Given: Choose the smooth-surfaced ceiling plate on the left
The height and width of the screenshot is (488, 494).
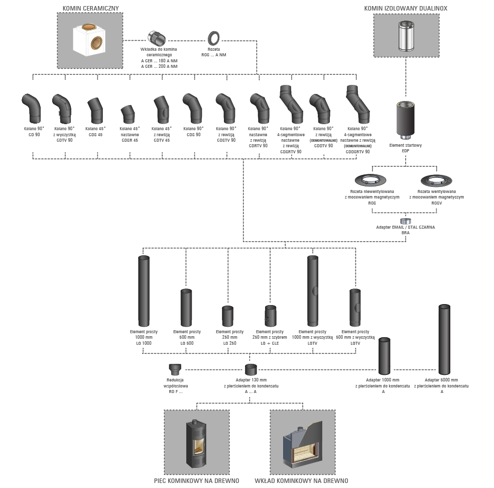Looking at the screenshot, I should click(x=371, y=180).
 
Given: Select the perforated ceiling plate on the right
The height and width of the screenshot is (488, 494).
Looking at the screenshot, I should click(x=435, y=180).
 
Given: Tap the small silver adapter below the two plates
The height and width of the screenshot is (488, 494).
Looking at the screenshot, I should click(x=406, y=221).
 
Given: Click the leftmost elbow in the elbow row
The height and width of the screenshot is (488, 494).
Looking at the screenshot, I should click(x=32, y=108).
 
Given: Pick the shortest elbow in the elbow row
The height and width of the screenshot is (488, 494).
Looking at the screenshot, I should click(x=129, y=116).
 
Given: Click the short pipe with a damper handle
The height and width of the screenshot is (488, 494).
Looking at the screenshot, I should click(x=270, y=316).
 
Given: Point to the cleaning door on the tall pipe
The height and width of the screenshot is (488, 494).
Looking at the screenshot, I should click(x=314, y=290).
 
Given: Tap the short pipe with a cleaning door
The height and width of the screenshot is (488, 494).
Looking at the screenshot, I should click(x=355, y=307).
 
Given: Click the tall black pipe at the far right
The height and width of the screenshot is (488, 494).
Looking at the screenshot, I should click(x=444, y=339).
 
